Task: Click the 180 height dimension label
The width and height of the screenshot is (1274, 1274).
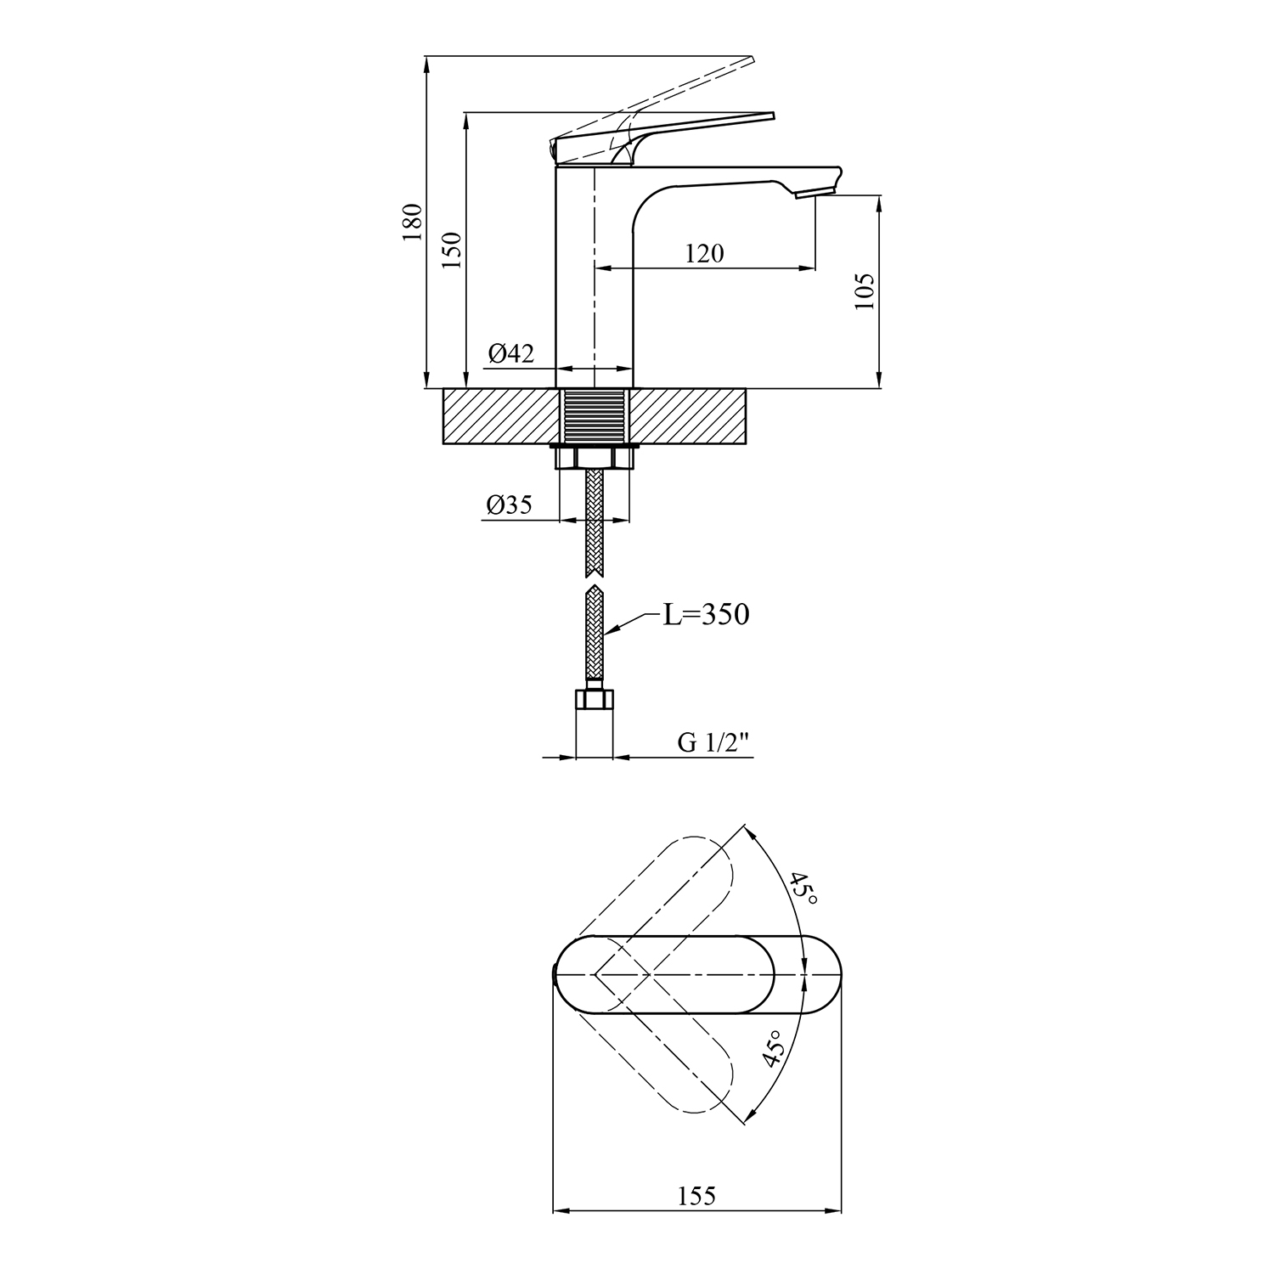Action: (412, 222)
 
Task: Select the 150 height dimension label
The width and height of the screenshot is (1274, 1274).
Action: (451, 251)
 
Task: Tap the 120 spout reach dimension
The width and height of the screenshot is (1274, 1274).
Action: (705, 253)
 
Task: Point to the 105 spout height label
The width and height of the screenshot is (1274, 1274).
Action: (865, 291)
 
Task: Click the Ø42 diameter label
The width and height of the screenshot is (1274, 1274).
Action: (511, 352)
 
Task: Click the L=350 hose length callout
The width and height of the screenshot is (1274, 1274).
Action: (707, 614)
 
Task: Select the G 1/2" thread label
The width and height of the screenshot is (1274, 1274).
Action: (714, 743)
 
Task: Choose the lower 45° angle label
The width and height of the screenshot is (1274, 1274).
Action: (773, 1049)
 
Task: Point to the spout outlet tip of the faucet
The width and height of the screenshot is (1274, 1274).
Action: (814, 194)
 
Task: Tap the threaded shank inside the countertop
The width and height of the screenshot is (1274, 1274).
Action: (594, 416)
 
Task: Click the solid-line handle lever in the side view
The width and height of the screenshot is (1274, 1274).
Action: (662, 136)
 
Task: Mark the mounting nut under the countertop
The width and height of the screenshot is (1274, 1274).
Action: (594, 458)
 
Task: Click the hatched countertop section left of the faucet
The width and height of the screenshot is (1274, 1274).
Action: (502, 416)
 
